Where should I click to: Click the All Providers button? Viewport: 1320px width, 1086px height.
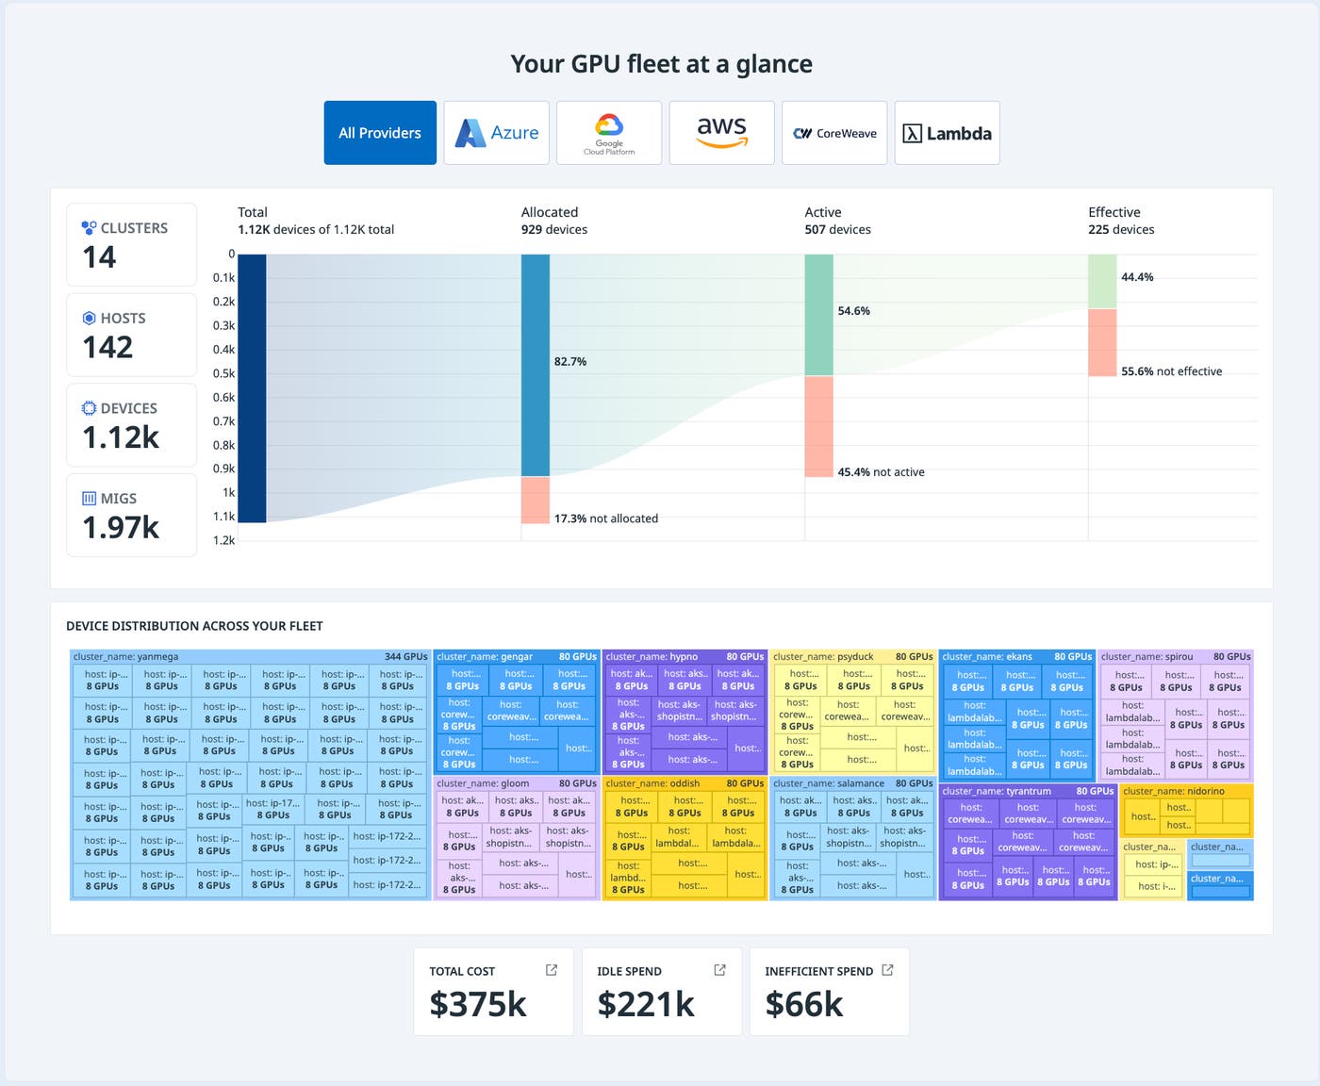click(x=380, y=133)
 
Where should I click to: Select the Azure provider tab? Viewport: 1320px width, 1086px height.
click(x=496, y=133)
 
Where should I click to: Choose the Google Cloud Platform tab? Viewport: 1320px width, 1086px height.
click(x=609, y=133)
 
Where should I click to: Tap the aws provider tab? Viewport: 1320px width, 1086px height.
click(x=721, y=133)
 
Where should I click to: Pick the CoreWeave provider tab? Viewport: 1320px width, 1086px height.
click(x=834, y=133)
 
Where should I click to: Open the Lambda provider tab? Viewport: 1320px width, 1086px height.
click(x=947, y=133)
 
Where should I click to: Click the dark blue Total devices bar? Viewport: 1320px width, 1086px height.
click(x=252, y=387)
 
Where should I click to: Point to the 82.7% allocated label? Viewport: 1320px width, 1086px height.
click(x=570, y=362)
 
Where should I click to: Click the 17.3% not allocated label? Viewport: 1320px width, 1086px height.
click(x=605, y=518)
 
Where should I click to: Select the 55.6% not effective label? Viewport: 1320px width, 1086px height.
click(x=1171, y=371)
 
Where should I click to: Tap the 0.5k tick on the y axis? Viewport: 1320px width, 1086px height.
click(x=223, y=373)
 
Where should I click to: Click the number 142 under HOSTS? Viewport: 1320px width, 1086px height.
click(x=107, y=348)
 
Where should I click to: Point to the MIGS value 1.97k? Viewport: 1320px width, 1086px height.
click(x=121, y=528)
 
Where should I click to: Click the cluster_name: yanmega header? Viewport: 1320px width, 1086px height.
click(x=125, y=657)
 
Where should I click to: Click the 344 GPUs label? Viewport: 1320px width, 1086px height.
click(x=405, y=657)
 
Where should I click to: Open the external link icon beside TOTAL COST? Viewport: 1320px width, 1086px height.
click(x=552, y=970)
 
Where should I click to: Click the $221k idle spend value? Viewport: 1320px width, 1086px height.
click(x=646, y=1005)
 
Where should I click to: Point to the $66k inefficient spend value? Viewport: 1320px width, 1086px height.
click(x=804, y=1005)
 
